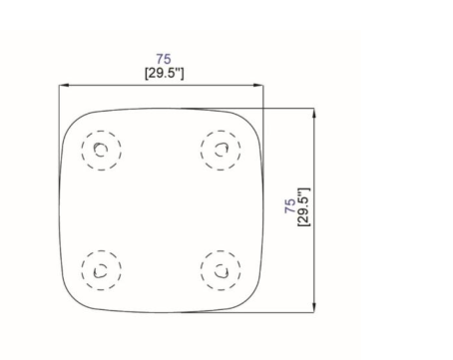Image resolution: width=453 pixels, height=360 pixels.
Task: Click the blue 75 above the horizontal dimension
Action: (164, 59)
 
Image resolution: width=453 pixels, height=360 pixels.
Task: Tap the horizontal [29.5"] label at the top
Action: (165, 73)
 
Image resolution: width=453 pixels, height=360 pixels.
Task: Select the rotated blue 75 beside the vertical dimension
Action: (290, 206)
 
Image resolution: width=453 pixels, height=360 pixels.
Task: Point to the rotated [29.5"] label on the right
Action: (303, 207)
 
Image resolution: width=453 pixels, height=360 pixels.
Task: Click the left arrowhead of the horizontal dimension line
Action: (64, 85)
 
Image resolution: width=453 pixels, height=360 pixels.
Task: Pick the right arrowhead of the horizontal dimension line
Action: (258, 85)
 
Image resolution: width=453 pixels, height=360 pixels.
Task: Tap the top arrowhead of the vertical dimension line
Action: (314, 113)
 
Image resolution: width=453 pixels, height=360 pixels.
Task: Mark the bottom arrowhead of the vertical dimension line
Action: (314, 307)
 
